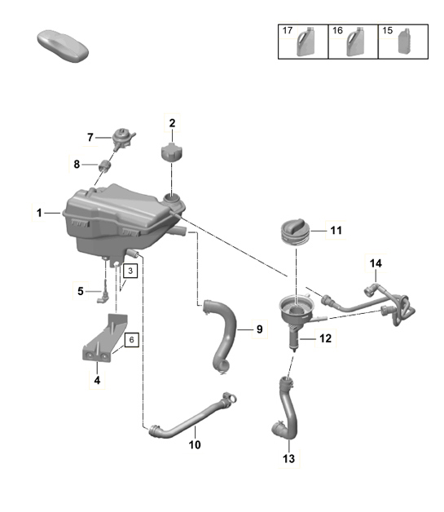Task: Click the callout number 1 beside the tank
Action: coord(38,213)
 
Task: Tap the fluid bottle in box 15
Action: coord(403,42)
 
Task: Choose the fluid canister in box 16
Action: coord(355,42)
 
